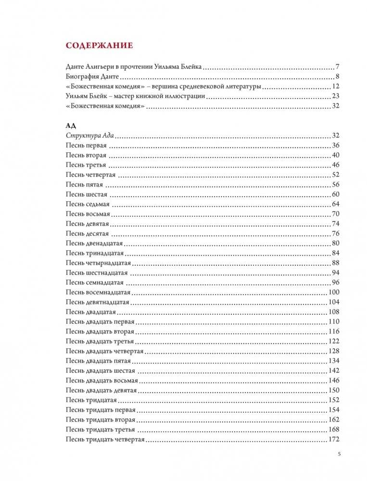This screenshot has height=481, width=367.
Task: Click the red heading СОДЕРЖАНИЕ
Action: [99, 46]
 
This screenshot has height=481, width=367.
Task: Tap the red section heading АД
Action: [70, 125]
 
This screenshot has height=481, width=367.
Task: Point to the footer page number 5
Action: [339, 454]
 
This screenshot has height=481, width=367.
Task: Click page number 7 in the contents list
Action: [338, 67]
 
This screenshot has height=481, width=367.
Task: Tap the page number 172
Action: [333, 440]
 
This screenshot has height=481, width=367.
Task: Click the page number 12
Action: [336, 86]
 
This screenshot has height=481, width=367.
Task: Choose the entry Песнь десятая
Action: [88, 234]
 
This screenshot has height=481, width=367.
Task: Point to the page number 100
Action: [333, 293]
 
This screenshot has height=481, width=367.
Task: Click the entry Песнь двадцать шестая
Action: [100, 371]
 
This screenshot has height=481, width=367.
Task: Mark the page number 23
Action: [336, 97]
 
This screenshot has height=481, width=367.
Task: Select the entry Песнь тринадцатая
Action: [95, 253]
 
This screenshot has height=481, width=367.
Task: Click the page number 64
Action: [336, 204]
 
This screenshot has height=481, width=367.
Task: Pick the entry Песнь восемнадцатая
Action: [98, 293]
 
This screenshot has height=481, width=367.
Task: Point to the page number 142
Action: [333, 371]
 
